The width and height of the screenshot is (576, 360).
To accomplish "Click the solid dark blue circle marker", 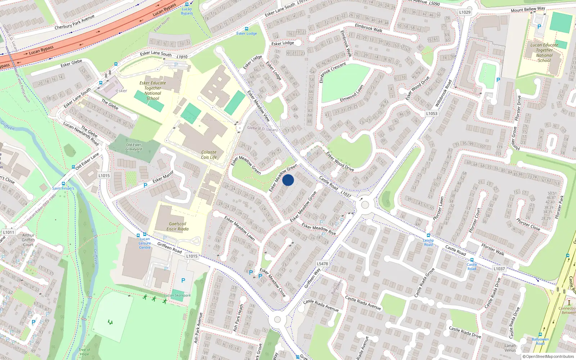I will [x=288, y=180].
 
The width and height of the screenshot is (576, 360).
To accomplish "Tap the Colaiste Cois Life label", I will [x=209, y=154].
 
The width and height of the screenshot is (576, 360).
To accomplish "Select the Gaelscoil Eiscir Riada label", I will [x=177, y=226].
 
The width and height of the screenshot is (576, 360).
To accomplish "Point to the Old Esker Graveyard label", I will [x=134, y=147].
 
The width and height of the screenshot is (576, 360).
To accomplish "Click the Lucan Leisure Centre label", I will [x=145, y=243].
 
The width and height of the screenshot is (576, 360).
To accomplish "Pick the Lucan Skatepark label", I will [x=177, y=296].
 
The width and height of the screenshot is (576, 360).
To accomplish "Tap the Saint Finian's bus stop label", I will [x=63, y=188].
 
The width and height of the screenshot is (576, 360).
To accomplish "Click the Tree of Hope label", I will [x=85, y=352].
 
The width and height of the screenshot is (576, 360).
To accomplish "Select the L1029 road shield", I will [x=465, y=12].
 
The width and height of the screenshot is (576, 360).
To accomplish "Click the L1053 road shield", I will [x=432, y=113].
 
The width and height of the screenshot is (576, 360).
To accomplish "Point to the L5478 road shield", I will [x=322, y=264].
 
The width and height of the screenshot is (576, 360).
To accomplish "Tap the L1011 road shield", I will [x=9, y=232].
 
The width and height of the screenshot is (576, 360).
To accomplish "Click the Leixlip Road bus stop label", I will [x=428, y=242].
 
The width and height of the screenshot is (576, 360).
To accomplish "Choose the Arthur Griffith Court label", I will [x=28, y=240].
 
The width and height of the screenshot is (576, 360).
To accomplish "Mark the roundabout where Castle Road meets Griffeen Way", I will [x=365, y=205].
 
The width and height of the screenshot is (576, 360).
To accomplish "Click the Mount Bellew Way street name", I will [x=528, y=9].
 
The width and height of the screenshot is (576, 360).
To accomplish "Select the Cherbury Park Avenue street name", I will [x=75, y=22].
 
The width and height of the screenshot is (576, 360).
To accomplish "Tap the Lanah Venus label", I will [x=510, y=348].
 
